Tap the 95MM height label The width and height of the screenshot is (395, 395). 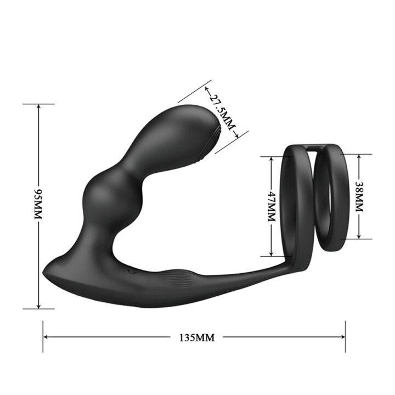[38, 205]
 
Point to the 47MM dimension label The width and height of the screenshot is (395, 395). [270, 205]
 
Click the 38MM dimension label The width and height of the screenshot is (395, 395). [359, 196]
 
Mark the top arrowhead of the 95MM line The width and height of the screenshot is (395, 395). [38, 106]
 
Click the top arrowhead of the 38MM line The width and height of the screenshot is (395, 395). [359, 156]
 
